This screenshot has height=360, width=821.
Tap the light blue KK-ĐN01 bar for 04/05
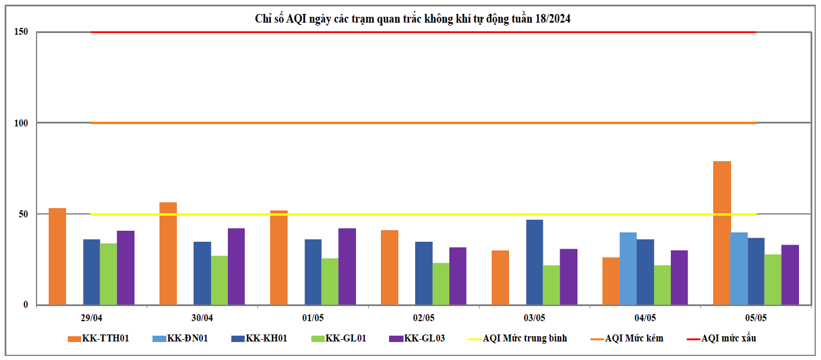628,268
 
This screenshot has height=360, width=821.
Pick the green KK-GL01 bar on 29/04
108,274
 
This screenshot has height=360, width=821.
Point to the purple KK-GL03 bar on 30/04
236,267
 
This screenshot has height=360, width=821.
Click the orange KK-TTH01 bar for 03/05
500,278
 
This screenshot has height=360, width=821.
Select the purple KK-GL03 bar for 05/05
790,275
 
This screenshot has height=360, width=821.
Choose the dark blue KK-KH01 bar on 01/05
313,272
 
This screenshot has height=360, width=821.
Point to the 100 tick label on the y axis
21,123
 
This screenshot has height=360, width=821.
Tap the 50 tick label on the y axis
23,214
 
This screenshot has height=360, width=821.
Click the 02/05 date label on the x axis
423,318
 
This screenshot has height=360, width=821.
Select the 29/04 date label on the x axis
92,318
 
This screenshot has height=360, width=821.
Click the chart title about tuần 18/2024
413,19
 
